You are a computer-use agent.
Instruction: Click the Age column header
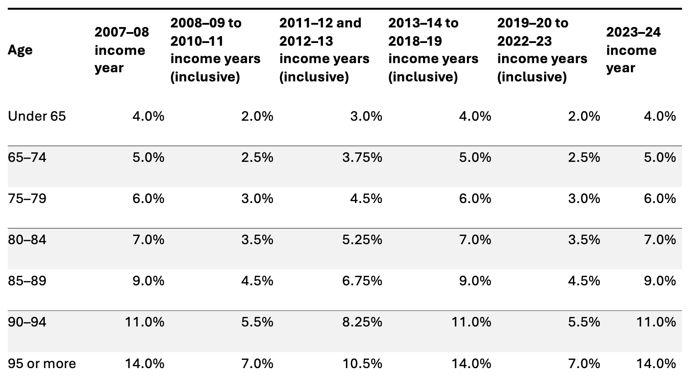coord(20,50)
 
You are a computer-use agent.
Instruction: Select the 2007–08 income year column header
coord(122,50)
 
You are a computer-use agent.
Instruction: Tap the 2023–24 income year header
coord(633,50)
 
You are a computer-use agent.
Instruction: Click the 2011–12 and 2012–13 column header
coord(324,50)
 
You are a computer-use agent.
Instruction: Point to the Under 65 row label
coord(37,116)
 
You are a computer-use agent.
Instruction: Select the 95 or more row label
coord(42,364)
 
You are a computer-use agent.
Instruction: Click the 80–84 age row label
coord(27,240)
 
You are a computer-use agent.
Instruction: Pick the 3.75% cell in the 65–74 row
coord(362,157)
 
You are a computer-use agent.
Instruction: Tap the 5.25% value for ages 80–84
coord(362,240)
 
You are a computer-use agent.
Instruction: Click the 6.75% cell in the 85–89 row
coord(362,281)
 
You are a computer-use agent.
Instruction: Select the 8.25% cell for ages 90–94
coord(362,322)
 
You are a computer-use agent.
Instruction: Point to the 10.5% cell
coord(362,364)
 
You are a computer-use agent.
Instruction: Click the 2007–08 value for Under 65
coord(148,116)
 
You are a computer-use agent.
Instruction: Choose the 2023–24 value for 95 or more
coord(656,364)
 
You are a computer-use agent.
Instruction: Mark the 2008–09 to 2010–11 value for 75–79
coord(257,198)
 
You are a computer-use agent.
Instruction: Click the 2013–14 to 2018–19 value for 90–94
coord(471,322)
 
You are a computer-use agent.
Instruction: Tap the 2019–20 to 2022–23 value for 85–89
coord(584,281)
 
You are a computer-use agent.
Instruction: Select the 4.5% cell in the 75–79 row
coord(366,198)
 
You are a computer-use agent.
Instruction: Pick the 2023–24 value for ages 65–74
coord(660,157)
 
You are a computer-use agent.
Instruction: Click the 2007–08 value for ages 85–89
coord(148,281)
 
